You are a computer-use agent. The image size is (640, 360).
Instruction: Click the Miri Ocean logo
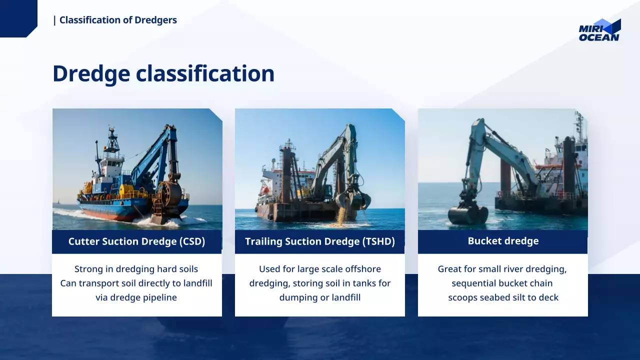pos(599,30)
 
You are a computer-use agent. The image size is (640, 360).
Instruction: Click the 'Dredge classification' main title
pos(163,73)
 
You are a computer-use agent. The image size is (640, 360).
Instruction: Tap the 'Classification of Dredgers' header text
pos(118,20)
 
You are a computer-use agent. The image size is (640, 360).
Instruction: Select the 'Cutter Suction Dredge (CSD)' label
pos(136,241)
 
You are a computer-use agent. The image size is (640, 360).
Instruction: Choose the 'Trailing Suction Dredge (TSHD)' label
pos(319,241)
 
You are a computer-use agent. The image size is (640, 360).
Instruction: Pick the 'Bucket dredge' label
pos(503,241)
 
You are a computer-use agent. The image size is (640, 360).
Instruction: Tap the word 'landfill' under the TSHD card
pos(346,297)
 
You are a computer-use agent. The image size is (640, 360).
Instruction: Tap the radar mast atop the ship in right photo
pos(579,125)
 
